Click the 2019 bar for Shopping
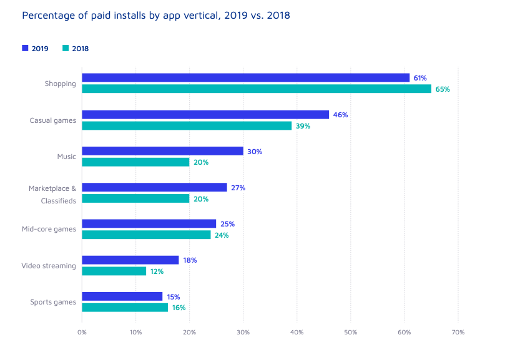(245, 78)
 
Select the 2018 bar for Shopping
(256, 89)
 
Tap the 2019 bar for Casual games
(205, 115)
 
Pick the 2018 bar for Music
(135, 162)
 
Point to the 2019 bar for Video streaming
(130, 260)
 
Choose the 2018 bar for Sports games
(125, 308)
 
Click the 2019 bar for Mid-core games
(149, 223)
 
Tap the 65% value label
(443, 89)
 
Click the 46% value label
(341, 115)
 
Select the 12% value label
(157, 271)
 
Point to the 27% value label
(238, 188)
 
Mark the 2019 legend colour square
(25, 48)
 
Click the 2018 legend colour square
(66, 48)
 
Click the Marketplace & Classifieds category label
(52, 194)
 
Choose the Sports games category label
(53, 303)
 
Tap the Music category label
(66, 157)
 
